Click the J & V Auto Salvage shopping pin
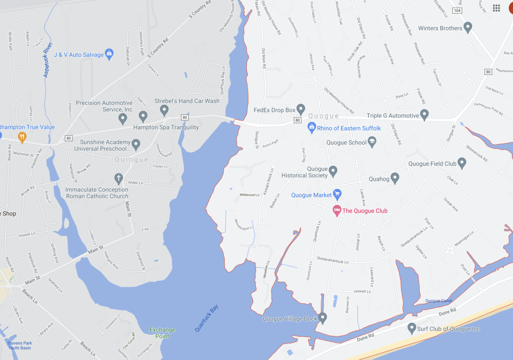pos(109,54)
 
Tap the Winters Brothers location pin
pos(468,28)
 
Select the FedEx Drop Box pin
pos(301,109)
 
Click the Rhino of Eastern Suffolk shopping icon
pos(312,127)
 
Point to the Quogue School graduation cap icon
pos(372,142)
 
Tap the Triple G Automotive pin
pos(424,115)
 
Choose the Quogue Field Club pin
pos(462,163)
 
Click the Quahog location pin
pos(395,178)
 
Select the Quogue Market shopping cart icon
pos(337,195)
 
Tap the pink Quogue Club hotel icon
pos(337,210)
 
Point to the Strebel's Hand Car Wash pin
pos(164,110)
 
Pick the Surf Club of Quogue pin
pos(412,328)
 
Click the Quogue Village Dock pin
pos(323,318)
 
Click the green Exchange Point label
pos(162,333)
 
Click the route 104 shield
pos(457,10)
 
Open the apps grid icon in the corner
pos(496,8)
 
